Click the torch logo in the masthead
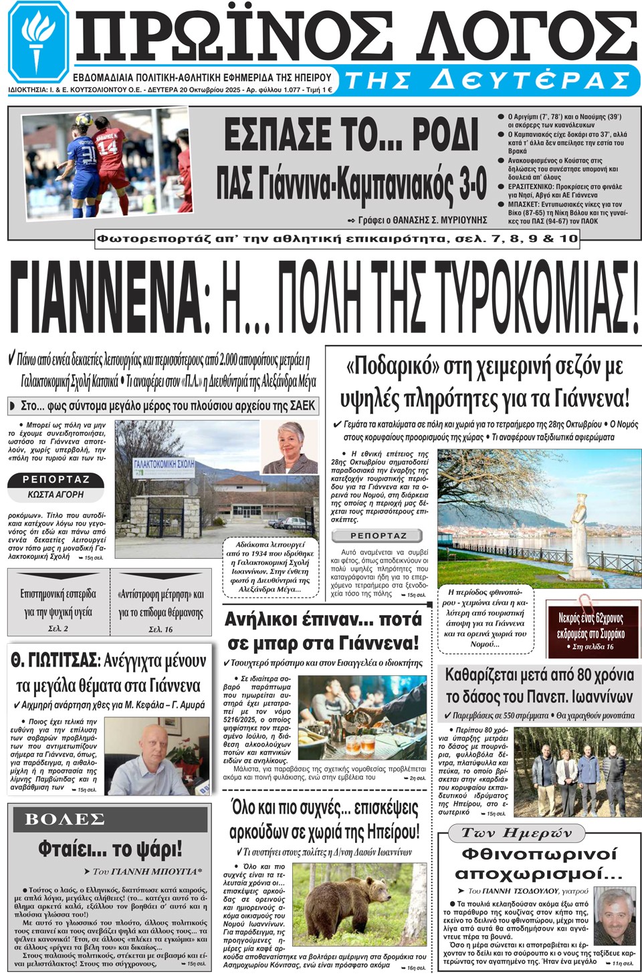37,41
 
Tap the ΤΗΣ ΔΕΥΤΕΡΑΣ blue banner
488,80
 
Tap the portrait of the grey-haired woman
289,448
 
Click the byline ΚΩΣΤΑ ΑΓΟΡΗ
56,495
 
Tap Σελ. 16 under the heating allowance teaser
160,629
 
